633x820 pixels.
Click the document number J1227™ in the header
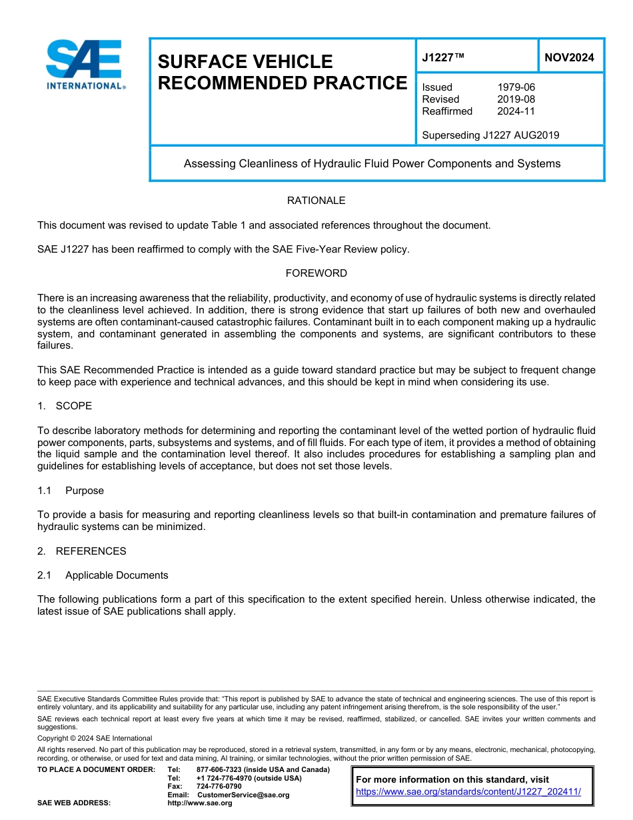[x=442, y=57]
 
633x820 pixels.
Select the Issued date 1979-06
[x=516, y=87]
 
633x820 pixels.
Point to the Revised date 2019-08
[x=516, y=99]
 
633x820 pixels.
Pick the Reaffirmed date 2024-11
[x=516, y=111]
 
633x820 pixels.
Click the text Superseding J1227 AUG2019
[x=490, y=135]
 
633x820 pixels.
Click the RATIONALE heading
[x=316, y=201]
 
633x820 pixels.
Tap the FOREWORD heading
[x=316, y=273]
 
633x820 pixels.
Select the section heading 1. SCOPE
[x=65, y=406]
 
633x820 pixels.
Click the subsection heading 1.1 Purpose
[x=71, y=491]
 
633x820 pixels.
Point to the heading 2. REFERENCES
[x=81, y=551]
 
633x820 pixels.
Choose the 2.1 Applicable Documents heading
[x=103, y=575]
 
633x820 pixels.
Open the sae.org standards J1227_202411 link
[x=468, y=792]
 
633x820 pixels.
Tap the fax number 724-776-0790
[x=219, y=787]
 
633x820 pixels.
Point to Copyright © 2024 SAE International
[x=95, y=739]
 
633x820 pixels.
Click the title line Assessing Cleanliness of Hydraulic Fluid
[x=372, y=163]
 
